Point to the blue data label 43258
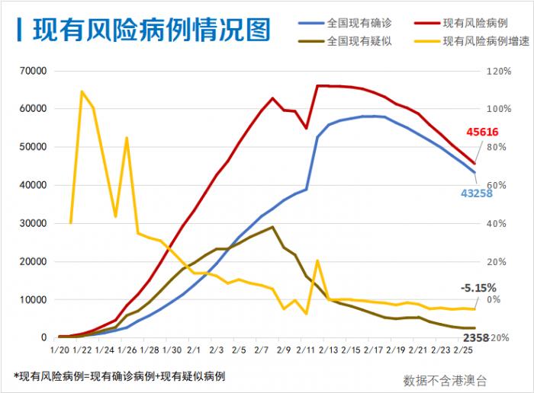(x=477, y=193)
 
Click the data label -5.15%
(x=478, y=288)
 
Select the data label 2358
(x=476, y=337)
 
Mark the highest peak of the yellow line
(x=82, y=91)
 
